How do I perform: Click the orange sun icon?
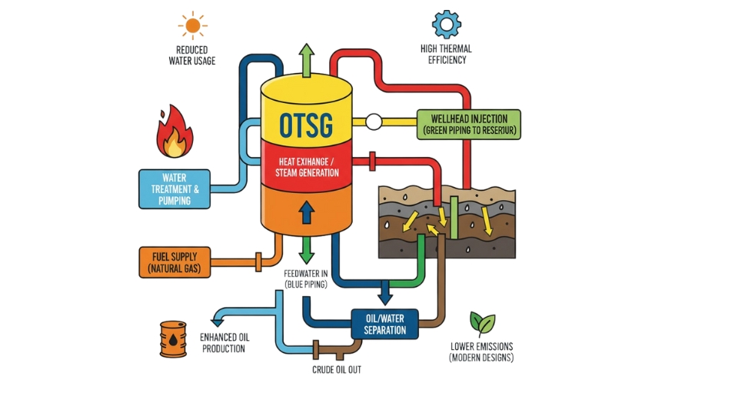192,25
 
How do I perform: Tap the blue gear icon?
446,24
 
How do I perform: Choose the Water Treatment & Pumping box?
174,189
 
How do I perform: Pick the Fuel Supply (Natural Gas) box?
174,262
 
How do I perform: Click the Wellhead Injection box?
468,125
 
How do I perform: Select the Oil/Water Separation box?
384,324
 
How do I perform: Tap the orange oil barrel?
173,339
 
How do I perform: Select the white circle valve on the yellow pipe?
374,121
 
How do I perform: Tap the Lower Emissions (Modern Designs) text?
481,352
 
